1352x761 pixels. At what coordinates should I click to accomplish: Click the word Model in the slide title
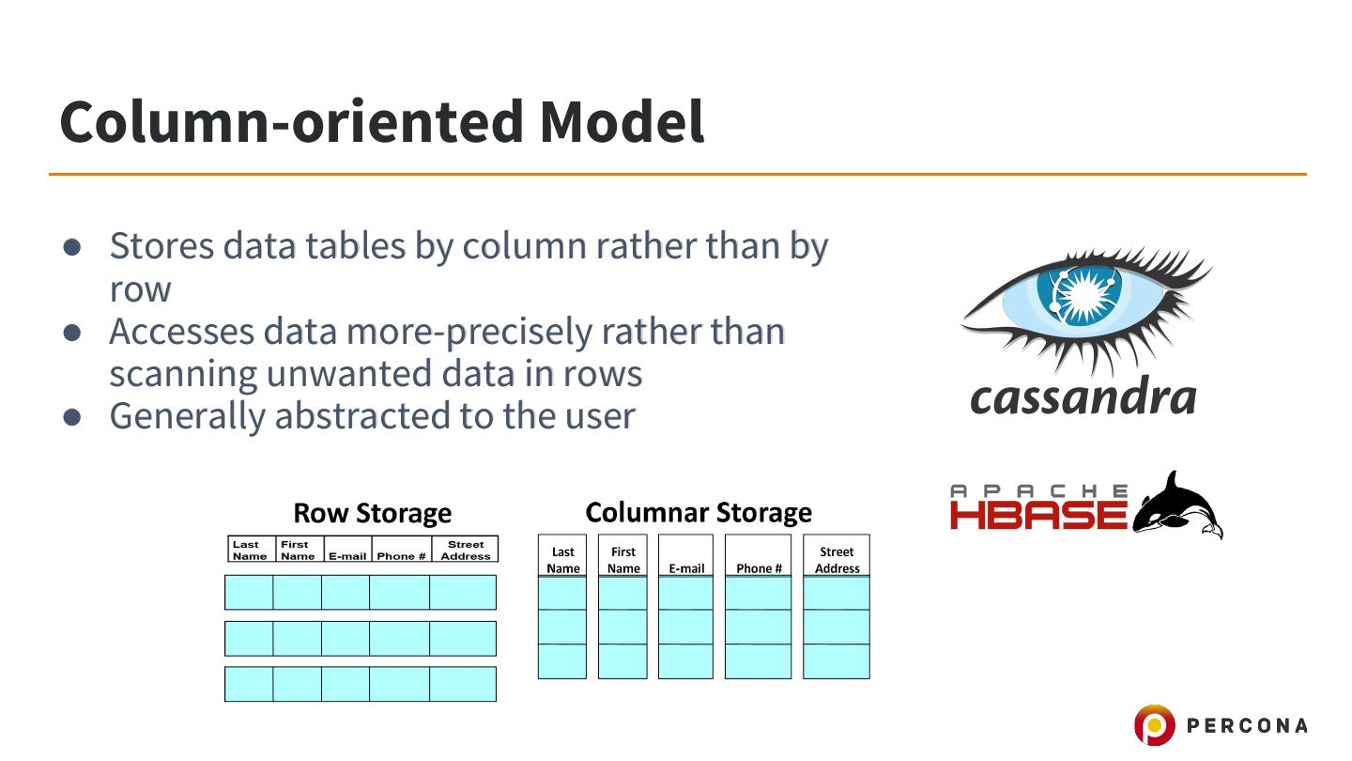621,121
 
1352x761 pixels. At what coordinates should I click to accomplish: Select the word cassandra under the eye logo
1083,396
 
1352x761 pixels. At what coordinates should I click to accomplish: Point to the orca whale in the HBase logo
1177,507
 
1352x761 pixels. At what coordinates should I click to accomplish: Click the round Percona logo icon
1154,725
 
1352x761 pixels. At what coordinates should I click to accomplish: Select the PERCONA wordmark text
1247,725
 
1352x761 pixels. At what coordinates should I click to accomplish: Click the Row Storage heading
372,513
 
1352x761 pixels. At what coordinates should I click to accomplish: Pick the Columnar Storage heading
699,512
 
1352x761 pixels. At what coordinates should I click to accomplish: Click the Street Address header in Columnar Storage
837,560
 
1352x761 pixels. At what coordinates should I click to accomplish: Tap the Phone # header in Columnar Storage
759,567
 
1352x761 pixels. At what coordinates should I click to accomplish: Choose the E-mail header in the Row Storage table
347,556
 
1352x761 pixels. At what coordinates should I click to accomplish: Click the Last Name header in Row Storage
250,550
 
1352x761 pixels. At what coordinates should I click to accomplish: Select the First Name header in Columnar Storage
622,560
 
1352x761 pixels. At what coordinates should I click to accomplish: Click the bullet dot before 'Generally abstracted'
73,416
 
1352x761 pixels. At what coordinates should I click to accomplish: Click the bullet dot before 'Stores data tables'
73,246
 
